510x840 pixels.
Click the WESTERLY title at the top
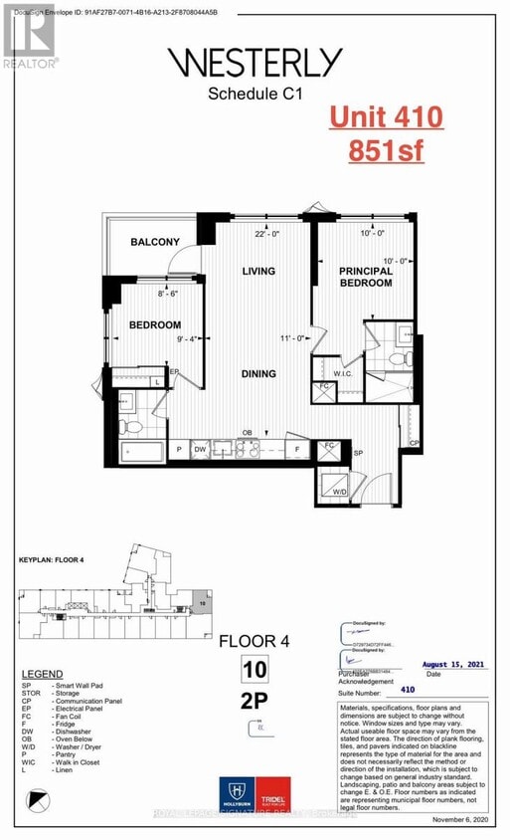point(255,64)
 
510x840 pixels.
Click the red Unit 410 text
point(386,119)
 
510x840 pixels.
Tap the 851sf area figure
point(387,151)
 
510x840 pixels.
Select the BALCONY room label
point(155,242)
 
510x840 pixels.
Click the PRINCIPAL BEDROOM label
point(366,277)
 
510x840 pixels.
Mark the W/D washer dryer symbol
point(339,491)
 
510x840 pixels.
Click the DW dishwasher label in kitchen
point(200,450)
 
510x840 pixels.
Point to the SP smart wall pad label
point(360,453)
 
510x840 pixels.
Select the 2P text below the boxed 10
point(254,699)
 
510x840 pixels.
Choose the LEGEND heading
point(41,674)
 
